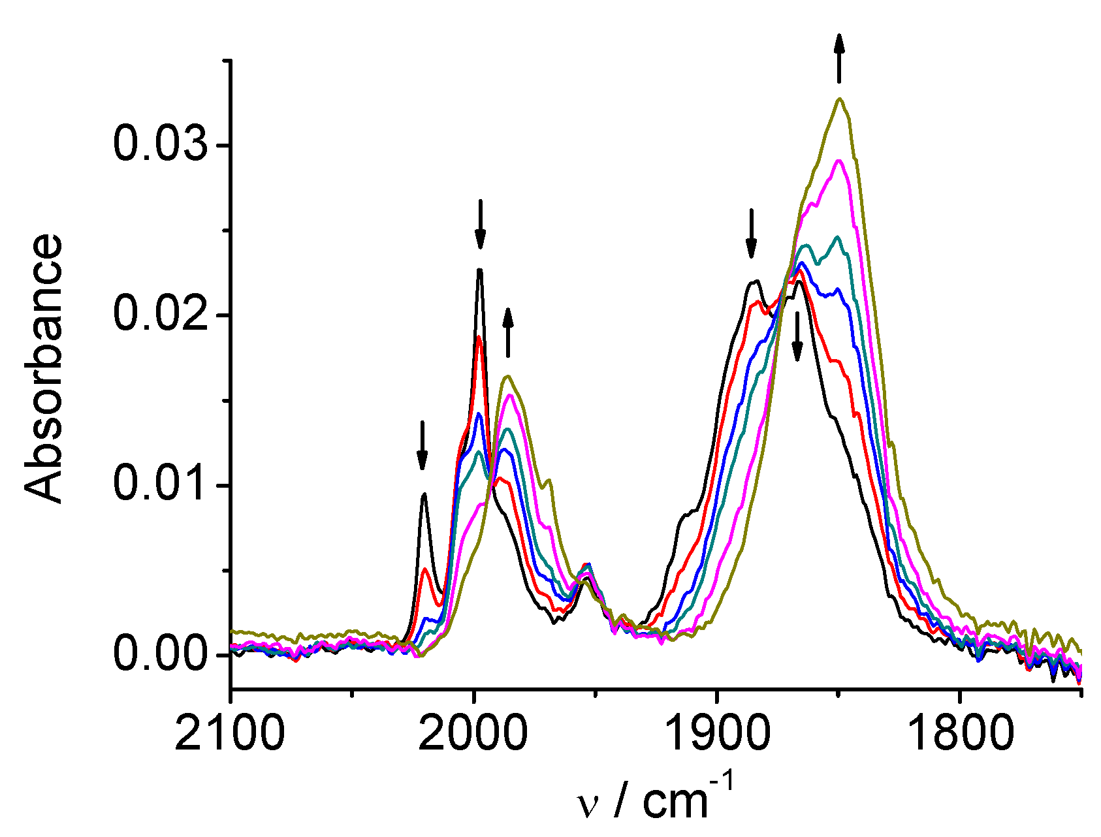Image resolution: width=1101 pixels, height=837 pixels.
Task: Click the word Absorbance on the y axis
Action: point(44,369)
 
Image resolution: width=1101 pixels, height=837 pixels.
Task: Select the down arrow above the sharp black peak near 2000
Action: point(480,224)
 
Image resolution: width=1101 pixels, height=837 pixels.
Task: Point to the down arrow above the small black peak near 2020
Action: point(422,445)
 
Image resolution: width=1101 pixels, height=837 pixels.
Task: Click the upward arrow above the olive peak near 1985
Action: point(508,333)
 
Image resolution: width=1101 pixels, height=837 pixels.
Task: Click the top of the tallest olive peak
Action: point(840,99)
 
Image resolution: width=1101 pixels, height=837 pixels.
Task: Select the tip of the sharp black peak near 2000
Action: point(480,269)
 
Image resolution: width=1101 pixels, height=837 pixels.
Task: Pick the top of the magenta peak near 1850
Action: point(840,161)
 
